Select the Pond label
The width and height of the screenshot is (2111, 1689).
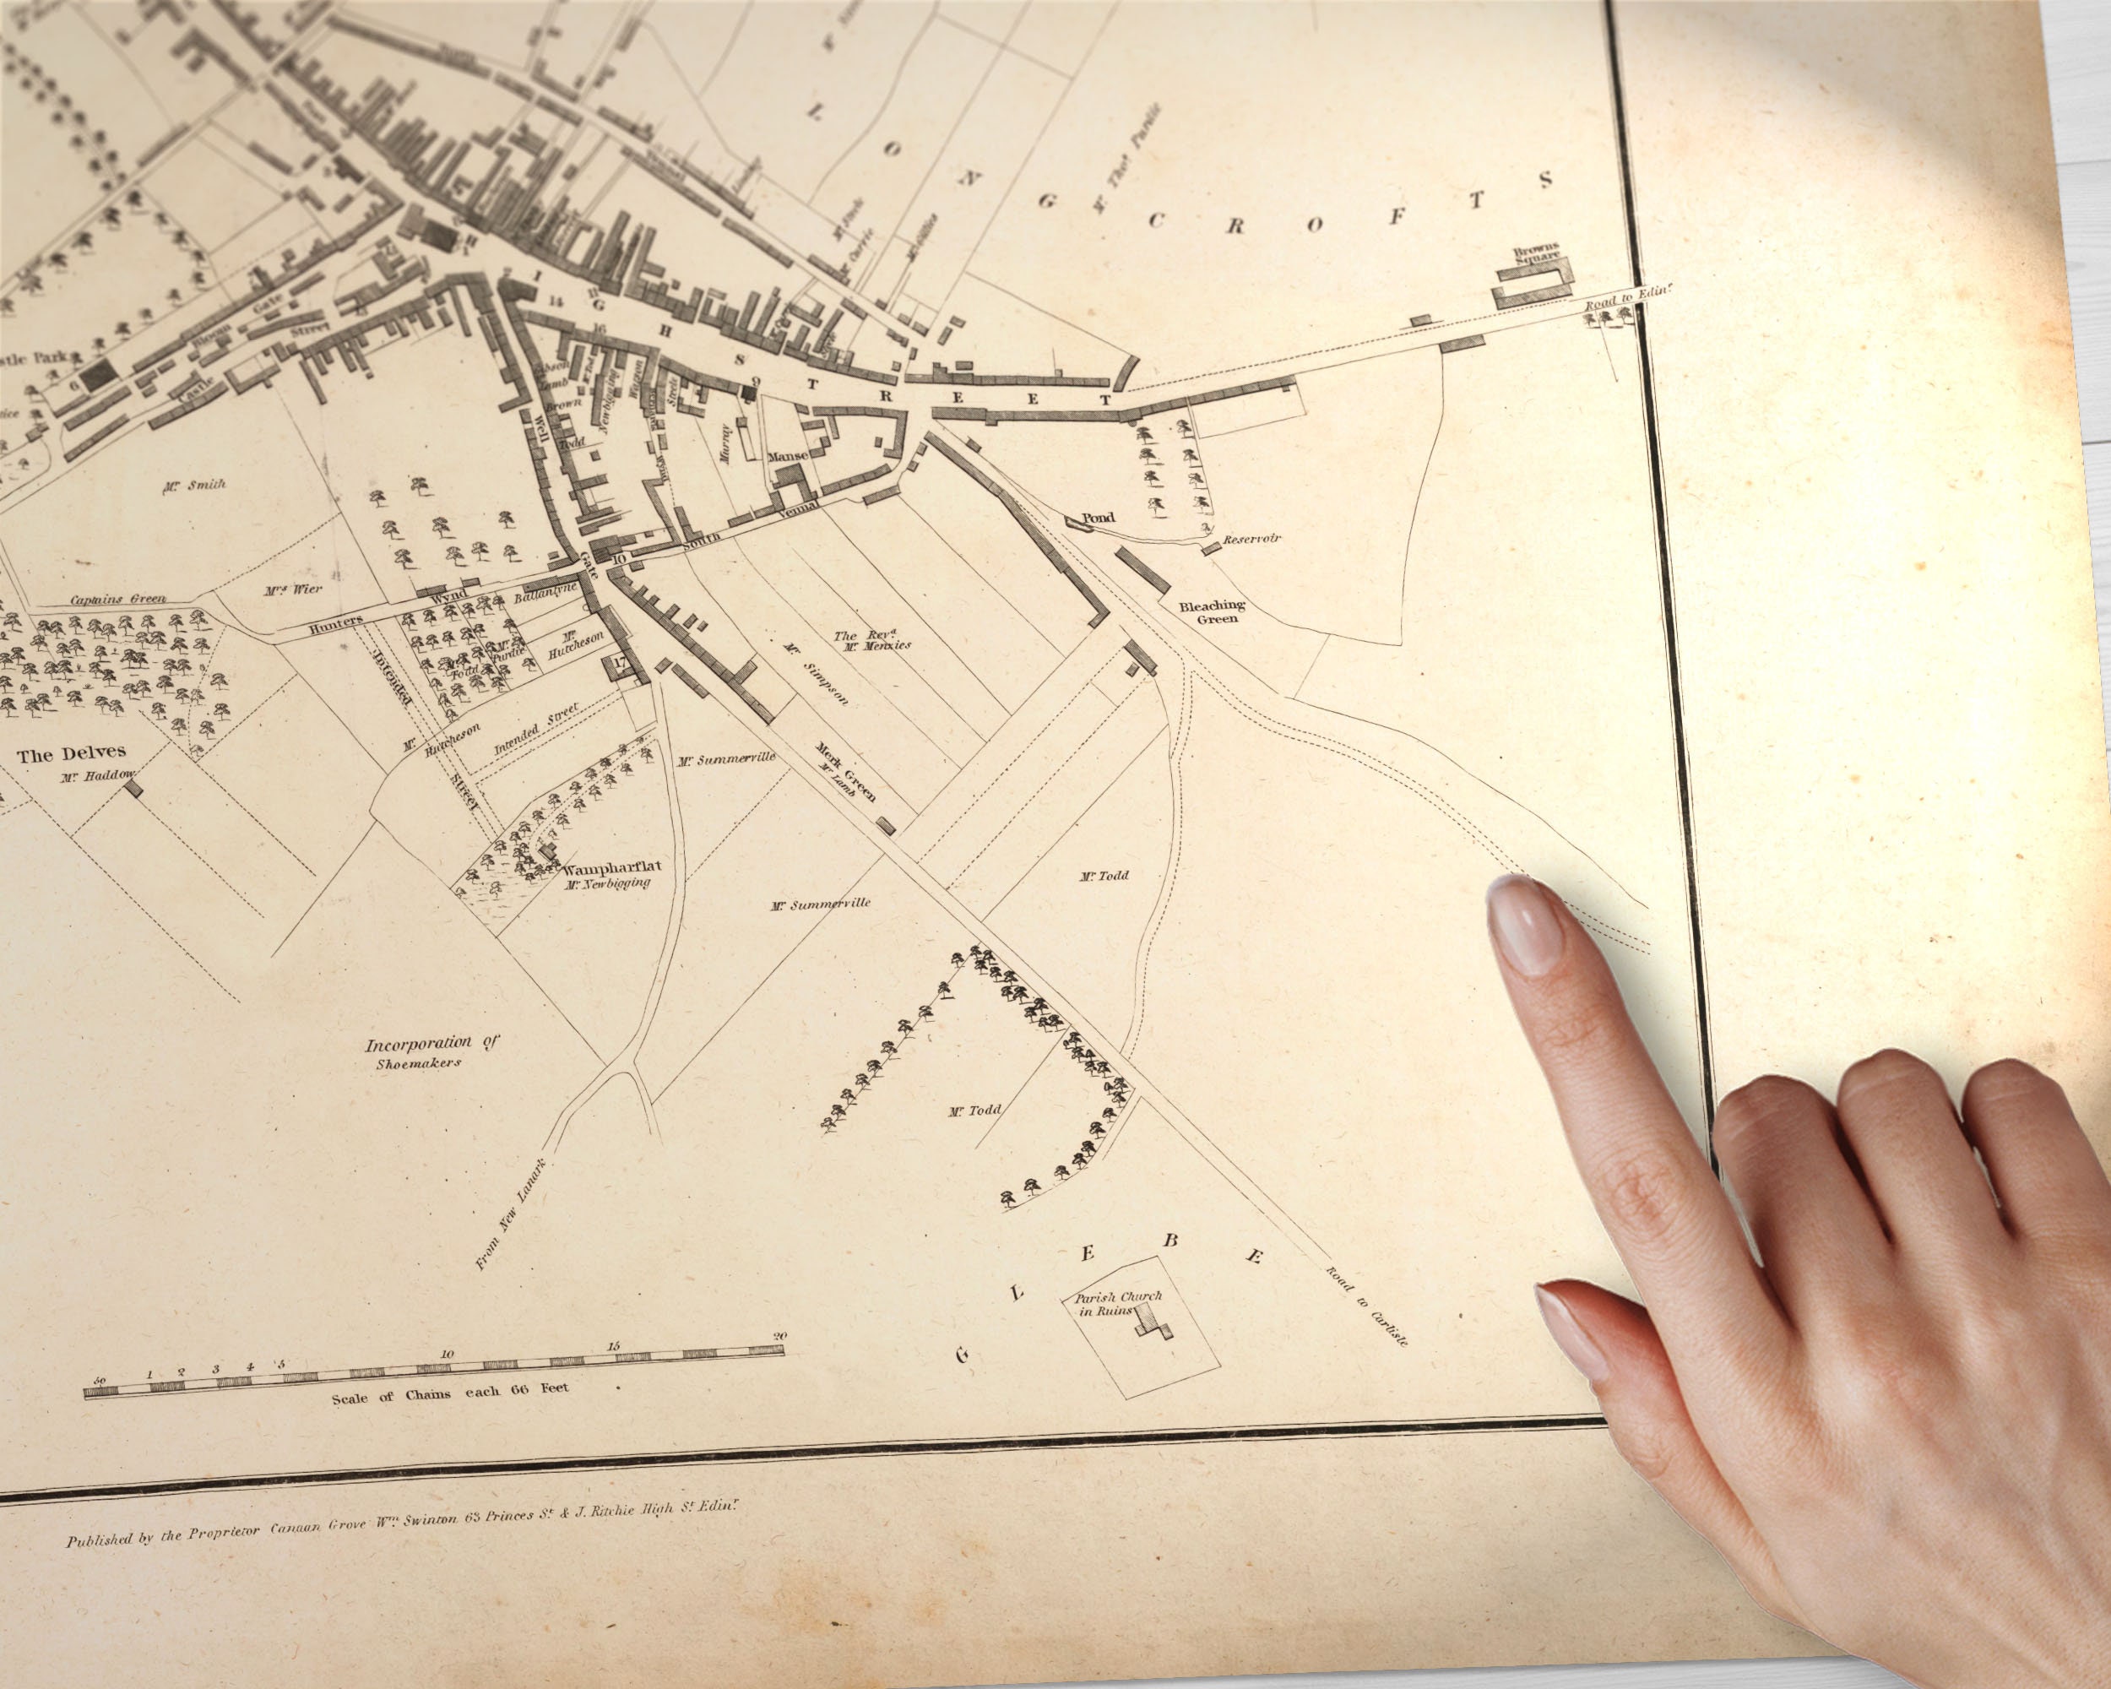click(1098, 518)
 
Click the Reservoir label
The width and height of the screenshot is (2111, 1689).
click(1251, 540)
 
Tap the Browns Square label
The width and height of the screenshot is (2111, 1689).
click(1535, 253)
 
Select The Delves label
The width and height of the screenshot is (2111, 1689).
click(72, 754)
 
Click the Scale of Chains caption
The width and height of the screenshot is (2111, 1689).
click(449, 1393)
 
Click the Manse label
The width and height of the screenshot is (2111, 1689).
click(787, 456)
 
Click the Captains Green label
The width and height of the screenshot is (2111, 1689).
click(117, 600)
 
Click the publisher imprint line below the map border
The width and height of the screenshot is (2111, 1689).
click(400, 1524)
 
